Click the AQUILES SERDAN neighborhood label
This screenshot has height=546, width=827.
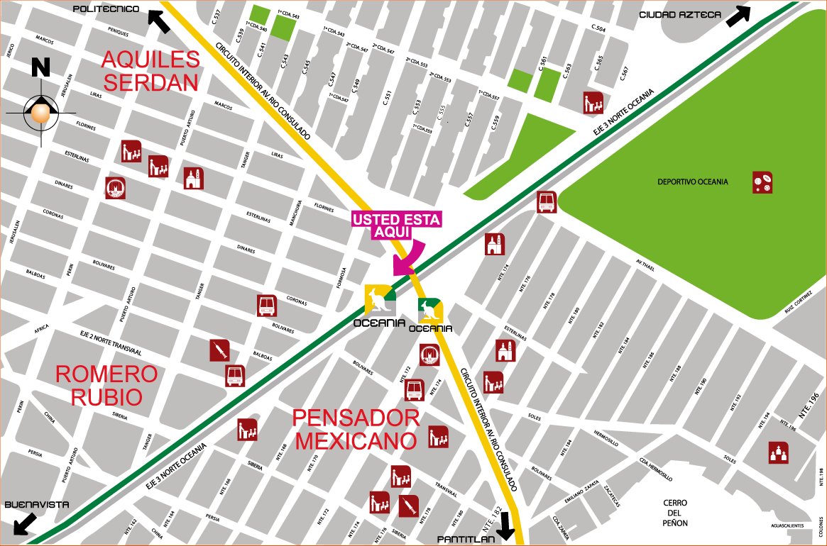[150, 71]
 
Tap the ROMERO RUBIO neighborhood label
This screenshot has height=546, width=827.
[106, 385]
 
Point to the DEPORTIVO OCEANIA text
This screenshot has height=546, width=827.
[692, 182]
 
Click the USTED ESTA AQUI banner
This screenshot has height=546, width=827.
[397, 224]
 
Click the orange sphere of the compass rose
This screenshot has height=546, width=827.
[40, 112]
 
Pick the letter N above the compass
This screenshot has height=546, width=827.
[40, 67]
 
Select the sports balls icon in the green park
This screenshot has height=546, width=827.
[762, 182]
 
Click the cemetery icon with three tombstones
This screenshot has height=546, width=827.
[779, 452]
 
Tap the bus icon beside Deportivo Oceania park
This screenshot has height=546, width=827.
[547, 202]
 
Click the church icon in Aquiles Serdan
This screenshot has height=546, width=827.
[193, 178]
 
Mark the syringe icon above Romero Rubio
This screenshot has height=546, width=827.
[219, 350]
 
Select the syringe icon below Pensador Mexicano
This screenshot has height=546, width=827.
[408, 506]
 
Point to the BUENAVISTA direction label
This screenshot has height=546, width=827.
[37, 505]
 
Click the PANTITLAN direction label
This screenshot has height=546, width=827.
[466, 540]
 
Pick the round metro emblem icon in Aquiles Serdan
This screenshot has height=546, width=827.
[115, 188]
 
